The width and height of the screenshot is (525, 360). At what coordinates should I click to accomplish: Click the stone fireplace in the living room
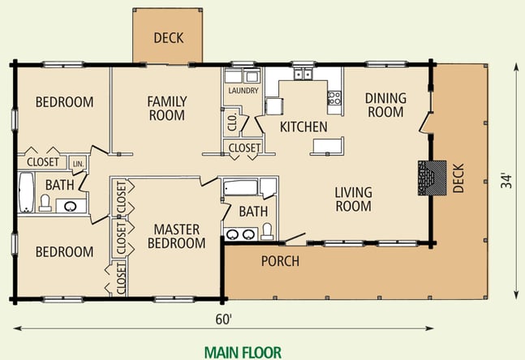tap(432, 178)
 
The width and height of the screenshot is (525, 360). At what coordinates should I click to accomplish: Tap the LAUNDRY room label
tap(243, 91)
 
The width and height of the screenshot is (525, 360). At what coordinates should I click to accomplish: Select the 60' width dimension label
tap(223, 319)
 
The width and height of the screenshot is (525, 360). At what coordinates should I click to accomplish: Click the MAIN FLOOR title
tap(243, 353)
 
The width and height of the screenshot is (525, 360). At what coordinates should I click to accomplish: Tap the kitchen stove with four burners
tap(334, 98)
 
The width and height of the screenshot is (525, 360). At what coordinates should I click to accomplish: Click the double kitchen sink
tap(303, 74)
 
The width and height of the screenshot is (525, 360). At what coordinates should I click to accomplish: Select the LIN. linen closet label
tap(79, 165)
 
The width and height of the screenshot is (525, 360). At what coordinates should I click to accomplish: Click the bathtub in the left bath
tap(26, 193)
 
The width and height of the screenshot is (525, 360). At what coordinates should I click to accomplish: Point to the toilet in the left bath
tap(45, 203)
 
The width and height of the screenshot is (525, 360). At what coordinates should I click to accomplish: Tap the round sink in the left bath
tap(71, 207)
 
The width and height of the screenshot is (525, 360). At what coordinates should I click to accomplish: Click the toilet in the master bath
tap(267, 232)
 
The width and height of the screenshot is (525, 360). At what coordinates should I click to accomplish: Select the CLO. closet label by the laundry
tap(232, 122)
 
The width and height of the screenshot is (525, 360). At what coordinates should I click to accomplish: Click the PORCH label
tap(280, 261)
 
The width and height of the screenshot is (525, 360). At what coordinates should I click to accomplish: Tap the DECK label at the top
tap(169, 38)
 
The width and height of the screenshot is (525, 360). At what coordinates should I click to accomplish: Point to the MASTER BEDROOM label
tap(176, 236)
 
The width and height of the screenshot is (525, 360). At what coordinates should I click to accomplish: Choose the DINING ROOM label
tap(385, 105)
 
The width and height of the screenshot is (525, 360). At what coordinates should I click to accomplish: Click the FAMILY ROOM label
tap(166, 108)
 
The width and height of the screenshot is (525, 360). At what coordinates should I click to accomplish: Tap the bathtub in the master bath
tap(240, 187)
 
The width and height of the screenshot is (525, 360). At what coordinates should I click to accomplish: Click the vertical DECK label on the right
tap(458, 178)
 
